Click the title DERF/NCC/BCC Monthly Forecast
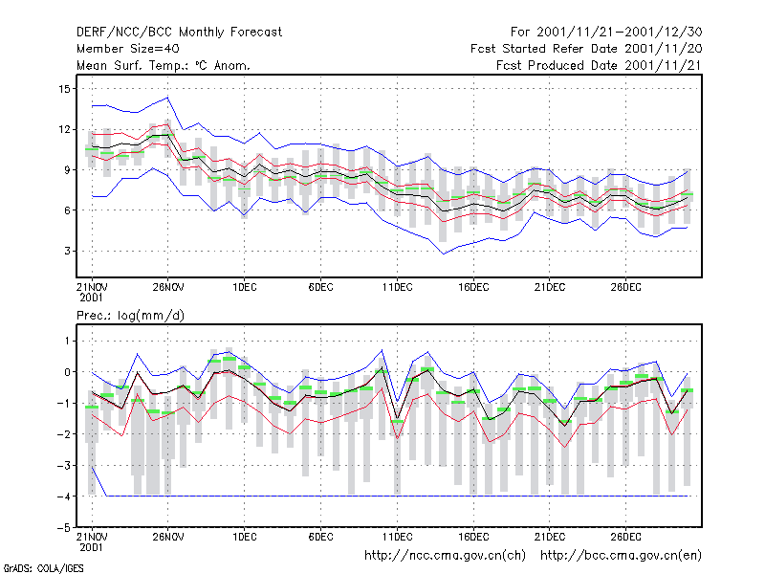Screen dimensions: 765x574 (179, 33)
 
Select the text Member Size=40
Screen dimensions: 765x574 (128, 49)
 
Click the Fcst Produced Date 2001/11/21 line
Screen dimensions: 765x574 (599, 65)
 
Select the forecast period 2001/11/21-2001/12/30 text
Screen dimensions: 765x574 (619, 33)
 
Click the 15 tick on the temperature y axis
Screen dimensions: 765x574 (64, 89)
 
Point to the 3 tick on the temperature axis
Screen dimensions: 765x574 (67, 251)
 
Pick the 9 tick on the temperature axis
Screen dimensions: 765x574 (67, 170)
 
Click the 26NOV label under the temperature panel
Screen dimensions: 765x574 (168, 287)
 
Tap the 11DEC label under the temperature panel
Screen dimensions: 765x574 (397, 287)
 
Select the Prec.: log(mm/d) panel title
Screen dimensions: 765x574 (130, 316)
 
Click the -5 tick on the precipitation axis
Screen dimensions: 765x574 (64, 528)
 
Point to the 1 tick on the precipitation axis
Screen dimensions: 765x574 (67, 341)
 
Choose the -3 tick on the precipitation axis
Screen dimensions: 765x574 (64, 465)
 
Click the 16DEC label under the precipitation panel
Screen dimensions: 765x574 (473, 537)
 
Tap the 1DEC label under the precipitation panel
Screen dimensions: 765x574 (245, 537)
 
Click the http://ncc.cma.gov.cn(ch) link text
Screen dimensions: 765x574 (445, 556)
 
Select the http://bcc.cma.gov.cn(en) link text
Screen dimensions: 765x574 (621, 556)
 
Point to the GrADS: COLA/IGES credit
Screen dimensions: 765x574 (43, 568)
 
